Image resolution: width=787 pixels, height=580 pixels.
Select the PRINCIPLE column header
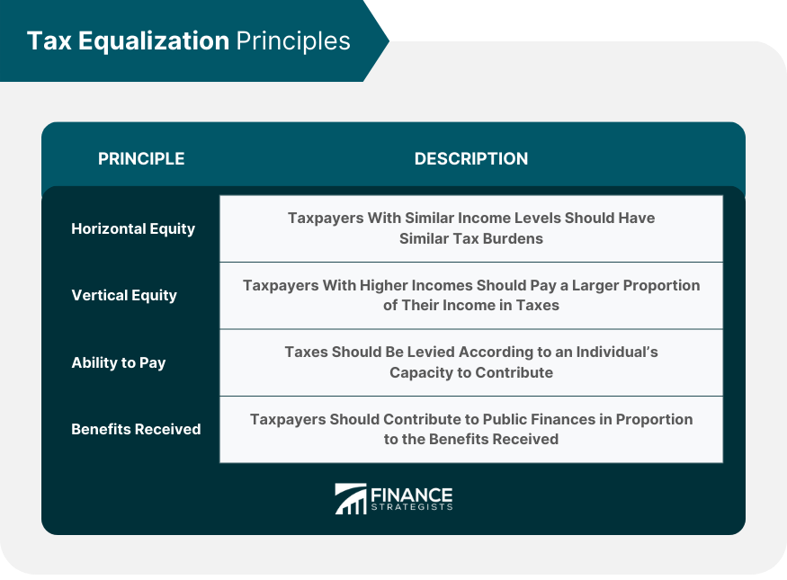pyautogui.click(x=141, y=159)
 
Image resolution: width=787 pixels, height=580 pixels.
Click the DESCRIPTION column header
pyautogui.click(x=471, y=159)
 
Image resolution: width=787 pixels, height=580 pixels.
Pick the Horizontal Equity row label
pyautogui.click(x=133, y=228)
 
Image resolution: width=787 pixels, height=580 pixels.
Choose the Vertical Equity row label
pyautogui.click(x=124, y=295)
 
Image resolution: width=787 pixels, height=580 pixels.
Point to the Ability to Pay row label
pyautogui.click(x=119, y=362)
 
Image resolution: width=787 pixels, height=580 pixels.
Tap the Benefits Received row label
pyautogui.click(x=136, y=429)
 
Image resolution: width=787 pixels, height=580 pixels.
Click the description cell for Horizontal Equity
pyautogui.click(x=471, y=228)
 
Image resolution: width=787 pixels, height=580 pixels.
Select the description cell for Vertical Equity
pyautogui.click(x=471, y=295)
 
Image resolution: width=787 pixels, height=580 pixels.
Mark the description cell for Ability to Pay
pyautogui.click(x=471, y=362)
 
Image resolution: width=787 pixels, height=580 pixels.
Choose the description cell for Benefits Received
pyautogui.click(x=471, y=429)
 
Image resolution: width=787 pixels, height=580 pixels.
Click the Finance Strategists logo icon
pyautogui.click(x=351, y=499)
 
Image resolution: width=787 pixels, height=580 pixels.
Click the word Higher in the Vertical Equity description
pyautogui.click(x=371, y=285)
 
